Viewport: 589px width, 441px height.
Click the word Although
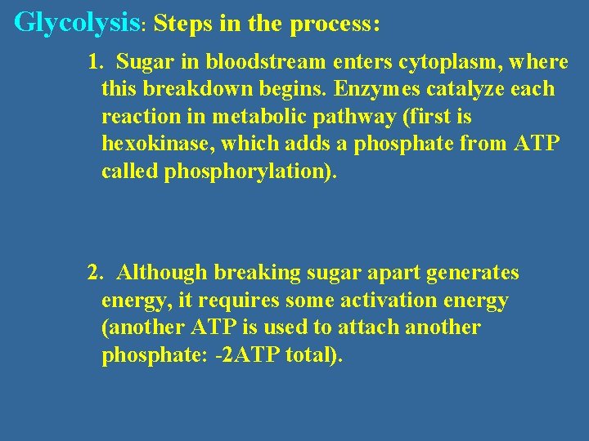[x=161, y=273]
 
